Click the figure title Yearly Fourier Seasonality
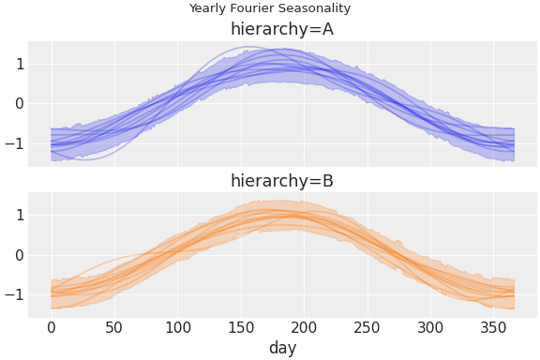pyautogui.click(x=270, y=8)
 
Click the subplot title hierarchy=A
pyautogui.click(x=282, y=29)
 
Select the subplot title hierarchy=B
pyautogui.click(x=282, y=181)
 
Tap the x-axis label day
pyautogui.click(x=282, y=348)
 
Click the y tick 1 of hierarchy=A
pyautogui.click(x=19, y=64)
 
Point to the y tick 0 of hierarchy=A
pyautogui.click(x=19, y=103)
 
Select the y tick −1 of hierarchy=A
pyautogui.click(x=15, y=143)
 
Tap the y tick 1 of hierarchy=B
pyautogui.click(x=19, y=215)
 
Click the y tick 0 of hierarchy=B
pyautogui.click(x=19, y=255)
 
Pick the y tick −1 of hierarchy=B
pyautogui.click(x=15, y=294)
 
